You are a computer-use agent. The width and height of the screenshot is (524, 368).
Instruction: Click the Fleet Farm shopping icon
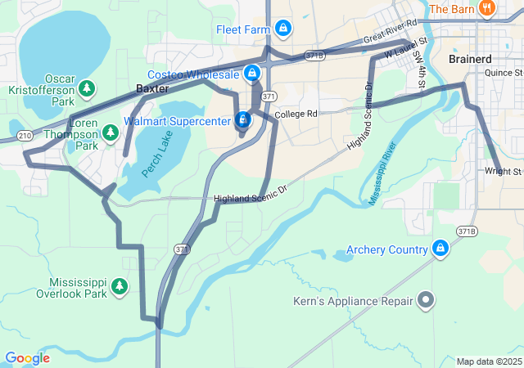[283, 29]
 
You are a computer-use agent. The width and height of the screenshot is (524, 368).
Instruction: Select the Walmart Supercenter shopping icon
[242, 120]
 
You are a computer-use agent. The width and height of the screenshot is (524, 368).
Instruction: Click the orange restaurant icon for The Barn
[487, 8]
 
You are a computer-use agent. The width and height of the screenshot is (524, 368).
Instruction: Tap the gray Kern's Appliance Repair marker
[425, 302]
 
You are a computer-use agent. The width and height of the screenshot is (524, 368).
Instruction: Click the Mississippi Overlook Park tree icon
[120, 286]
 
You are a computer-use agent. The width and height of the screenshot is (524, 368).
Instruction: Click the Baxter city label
[151, 88]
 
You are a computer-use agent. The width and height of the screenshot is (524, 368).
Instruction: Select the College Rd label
[296, 114]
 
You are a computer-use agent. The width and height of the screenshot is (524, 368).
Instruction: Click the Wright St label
[503, 172]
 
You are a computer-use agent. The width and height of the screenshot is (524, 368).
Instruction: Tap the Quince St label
[503, 73]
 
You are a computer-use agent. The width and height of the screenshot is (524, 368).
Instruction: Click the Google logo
[27, 358]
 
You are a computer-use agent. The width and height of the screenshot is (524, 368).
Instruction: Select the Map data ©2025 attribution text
[489, 361]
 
